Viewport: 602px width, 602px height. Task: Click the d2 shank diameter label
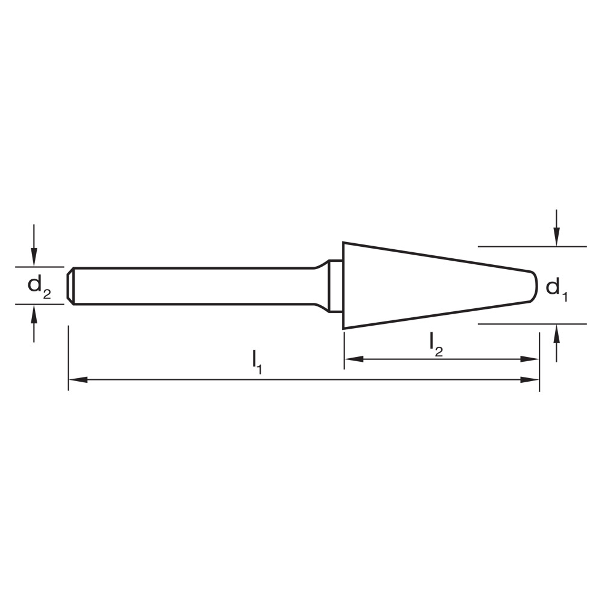39,287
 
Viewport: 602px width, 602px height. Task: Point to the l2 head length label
436,343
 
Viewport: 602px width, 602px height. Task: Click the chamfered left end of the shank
71,286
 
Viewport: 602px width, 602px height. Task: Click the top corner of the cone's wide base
344,243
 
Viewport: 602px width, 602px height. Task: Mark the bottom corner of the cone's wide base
344,328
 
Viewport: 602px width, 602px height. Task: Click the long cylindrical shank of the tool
193,286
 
